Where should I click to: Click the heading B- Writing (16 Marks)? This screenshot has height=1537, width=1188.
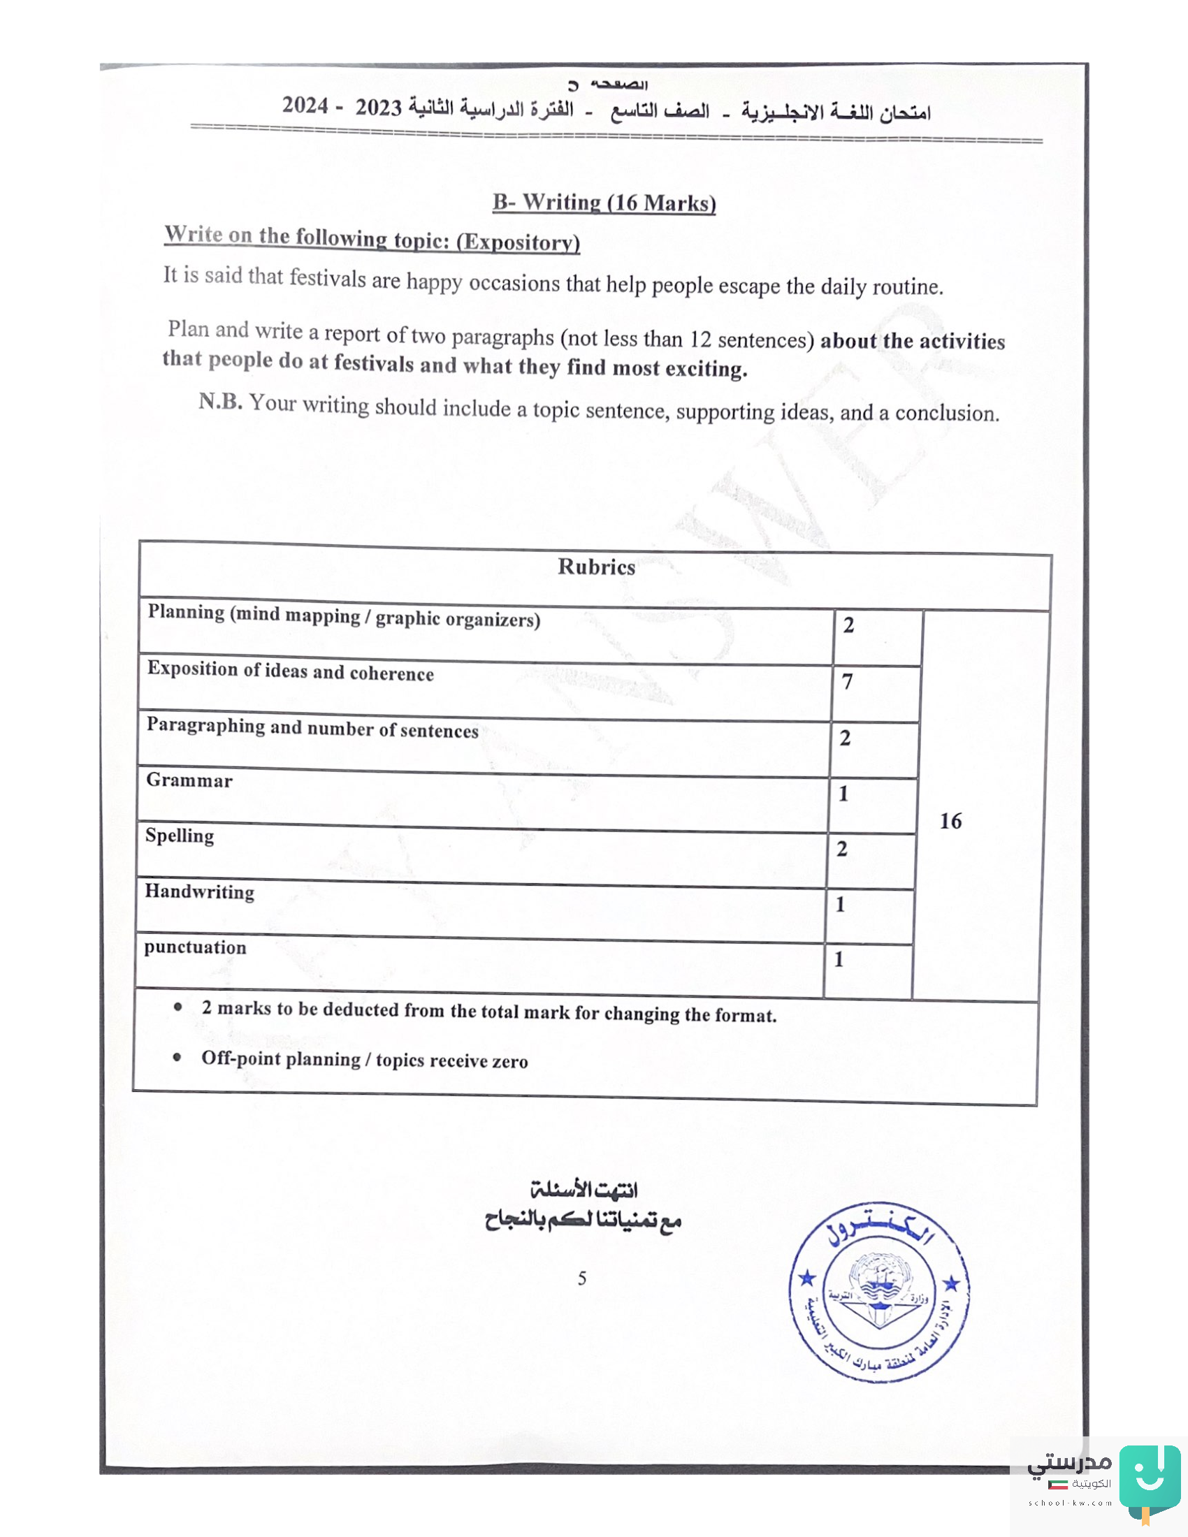coord(604,203)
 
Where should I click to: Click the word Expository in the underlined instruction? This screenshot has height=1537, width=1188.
coord(518,242)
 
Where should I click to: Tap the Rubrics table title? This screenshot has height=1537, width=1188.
coord(596,567)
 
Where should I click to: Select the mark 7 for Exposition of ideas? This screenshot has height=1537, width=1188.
coord(848,681)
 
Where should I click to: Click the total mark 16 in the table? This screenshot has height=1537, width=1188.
coord(950,821)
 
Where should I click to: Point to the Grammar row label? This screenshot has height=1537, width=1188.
coord(189,780)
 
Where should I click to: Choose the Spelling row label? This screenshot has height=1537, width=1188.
coord(180,836)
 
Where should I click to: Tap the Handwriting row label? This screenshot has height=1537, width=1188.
coord(199,891)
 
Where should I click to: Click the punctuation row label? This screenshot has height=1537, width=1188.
coord(195,947)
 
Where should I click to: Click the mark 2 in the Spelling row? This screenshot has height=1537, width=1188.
coord(842,849)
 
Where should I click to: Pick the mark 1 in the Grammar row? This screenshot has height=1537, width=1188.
coord(843,793)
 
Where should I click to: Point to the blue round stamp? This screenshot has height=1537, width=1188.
coord(878,1292)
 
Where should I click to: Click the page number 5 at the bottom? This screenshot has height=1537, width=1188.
coord(582,1278)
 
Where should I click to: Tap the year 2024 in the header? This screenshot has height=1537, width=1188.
coord(305,105)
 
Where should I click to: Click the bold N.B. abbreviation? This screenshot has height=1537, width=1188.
coord(220,401)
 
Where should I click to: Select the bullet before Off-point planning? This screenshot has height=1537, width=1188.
coord(178,1057)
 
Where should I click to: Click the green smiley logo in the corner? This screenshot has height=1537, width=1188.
coord(1150,1478)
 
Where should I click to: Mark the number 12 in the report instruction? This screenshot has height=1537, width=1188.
coord(700,340)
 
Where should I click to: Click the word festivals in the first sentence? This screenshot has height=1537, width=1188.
coord(328,279)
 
